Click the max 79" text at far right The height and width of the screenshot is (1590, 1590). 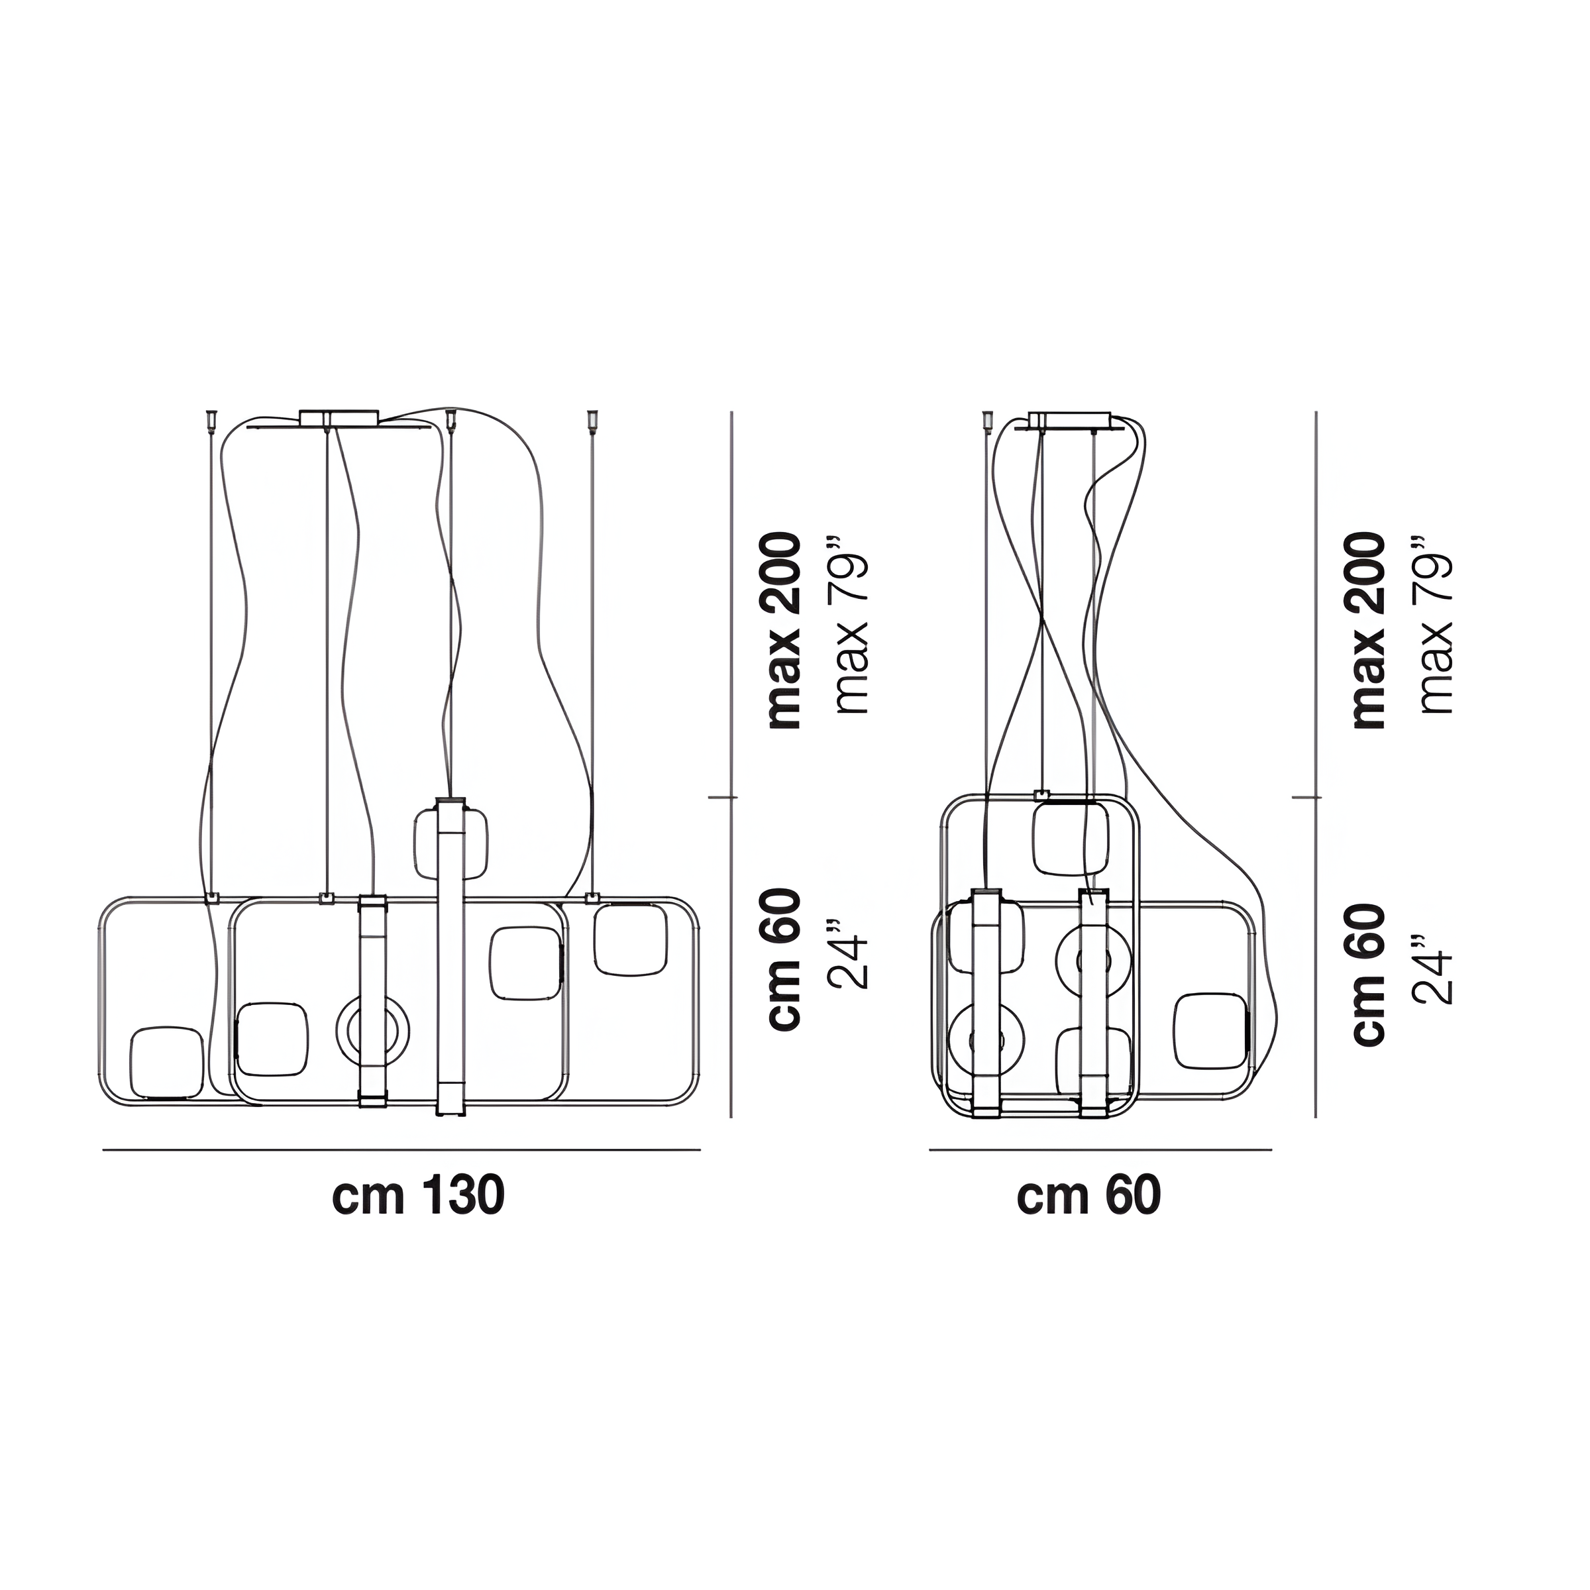point(1436,625)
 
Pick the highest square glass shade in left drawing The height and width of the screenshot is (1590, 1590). point(450,843)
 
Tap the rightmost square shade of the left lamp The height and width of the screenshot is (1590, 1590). point(631,940)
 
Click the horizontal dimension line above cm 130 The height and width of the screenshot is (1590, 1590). point(401,1149)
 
